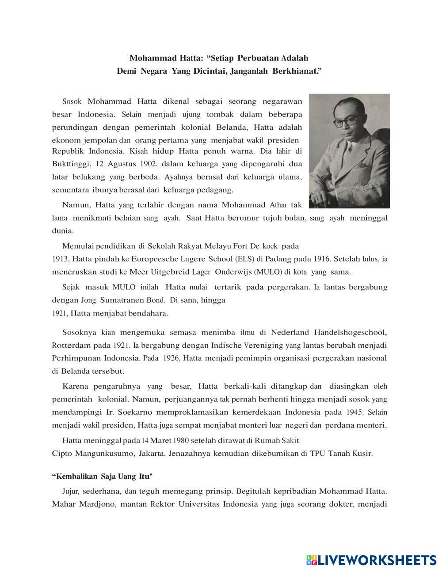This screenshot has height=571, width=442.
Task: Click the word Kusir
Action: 363,453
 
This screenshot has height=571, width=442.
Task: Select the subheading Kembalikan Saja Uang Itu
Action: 102,476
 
